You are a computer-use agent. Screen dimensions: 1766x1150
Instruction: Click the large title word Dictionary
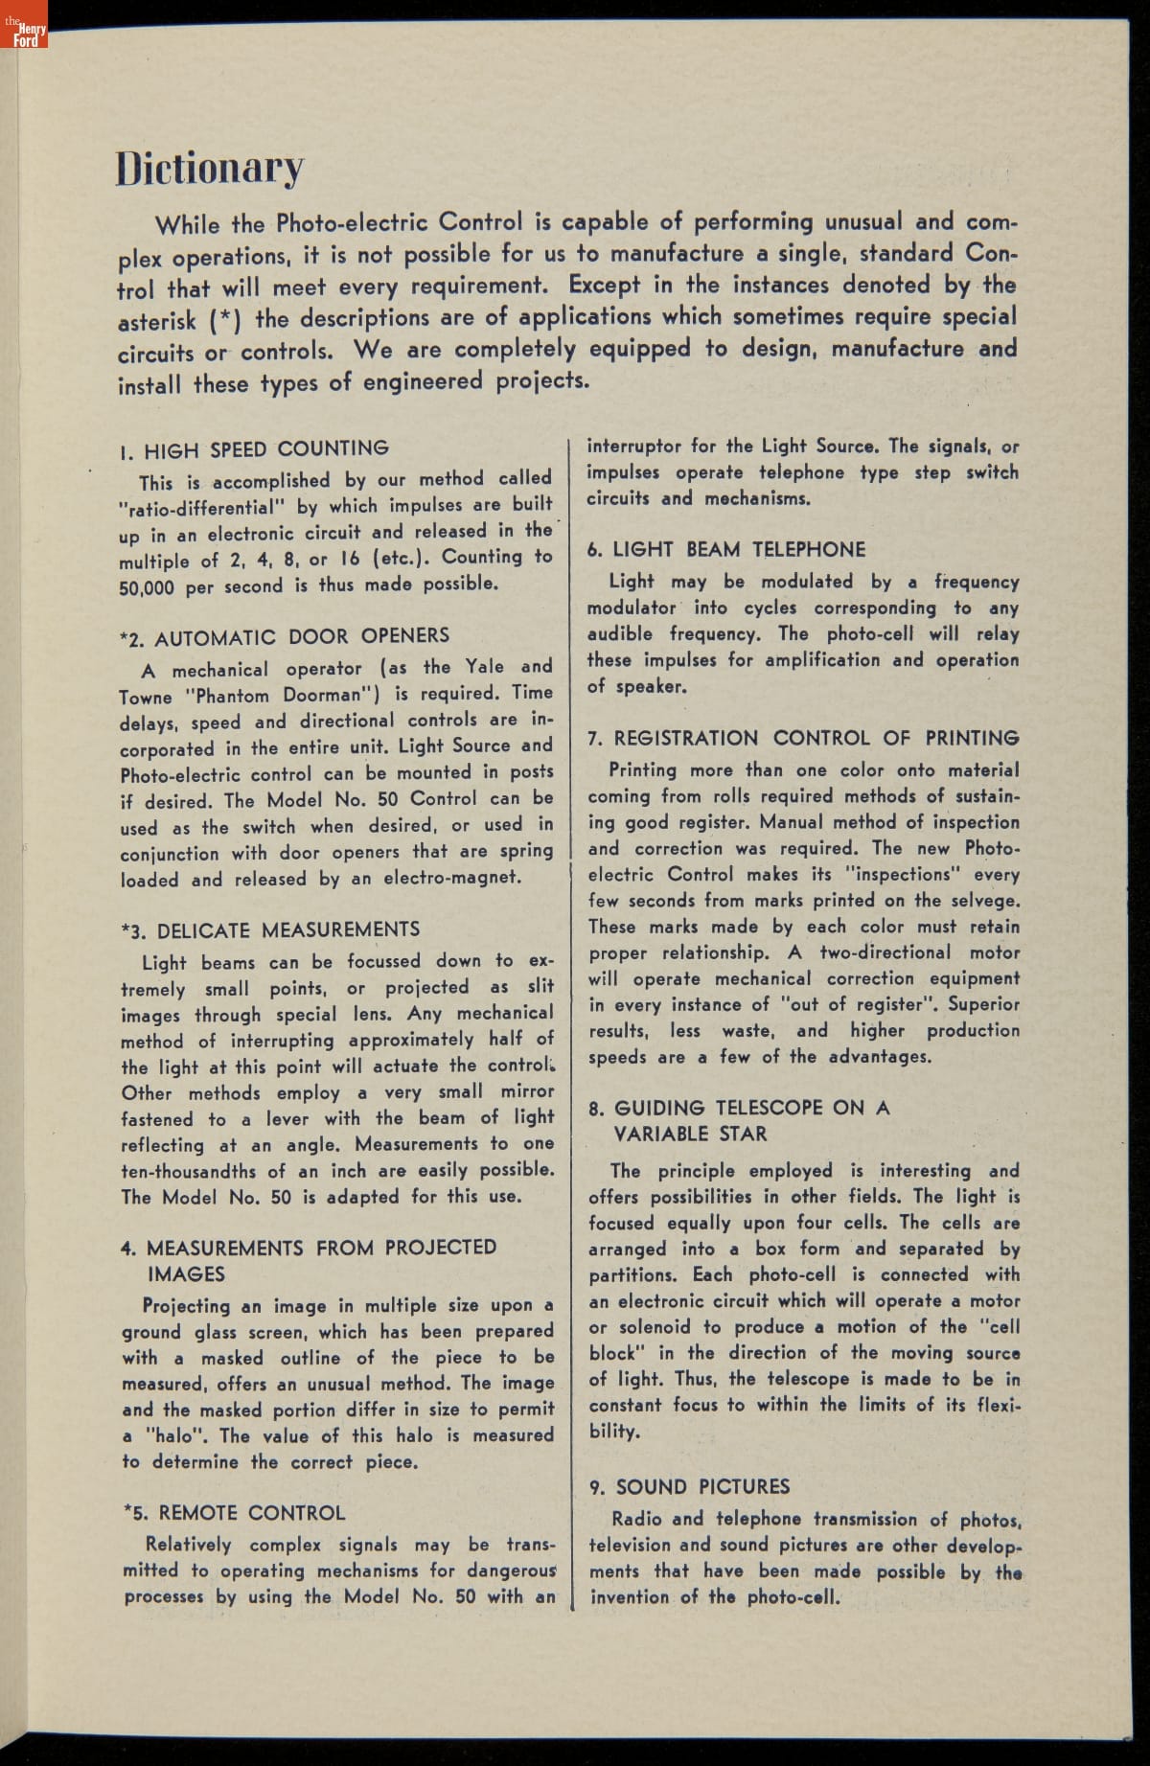(210, 169)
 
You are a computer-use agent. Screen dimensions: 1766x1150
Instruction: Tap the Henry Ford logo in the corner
(24, 32)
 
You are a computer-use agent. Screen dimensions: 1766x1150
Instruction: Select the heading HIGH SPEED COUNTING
(265, 448)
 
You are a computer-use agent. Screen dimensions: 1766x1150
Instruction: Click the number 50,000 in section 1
(147, 586)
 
